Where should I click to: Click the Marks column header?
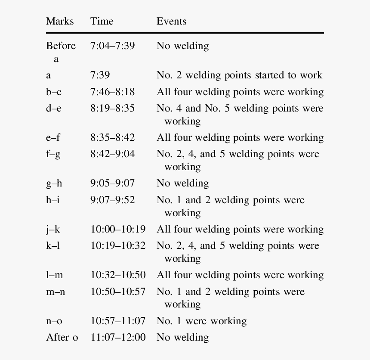[60, 22]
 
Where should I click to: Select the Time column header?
[102, 22]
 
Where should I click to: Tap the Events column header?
[171, 22]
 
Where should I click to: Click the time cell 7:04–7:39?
[113, 46]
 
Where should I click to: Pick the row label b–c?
[54, 92]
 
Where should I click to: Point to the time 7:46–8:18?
[113, 92]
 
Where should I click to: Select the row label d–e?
[54, 108]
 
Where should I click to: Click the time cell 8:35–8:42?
[113, 137]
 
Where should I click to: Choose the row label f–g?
[53, 154]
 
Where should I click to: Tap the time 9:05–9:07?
[113, 183]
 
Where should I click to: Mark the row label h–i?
[53, 200]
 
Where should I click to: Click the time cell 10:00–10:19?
[118, 229]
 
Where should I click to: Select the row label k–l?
[53, 245]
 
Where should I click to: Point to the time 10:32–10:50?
[118, 275]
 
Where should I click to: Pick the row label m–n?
[55, 292]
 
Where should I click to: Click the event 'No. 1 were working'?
[201, 321]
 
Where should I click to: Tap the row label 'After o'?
[62, 337]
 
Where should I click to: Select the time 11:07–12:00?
[118, 337]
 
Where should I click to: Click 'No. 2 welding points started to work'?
[239, 75]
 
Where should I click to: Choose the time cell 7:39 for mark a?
[100, 75]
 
